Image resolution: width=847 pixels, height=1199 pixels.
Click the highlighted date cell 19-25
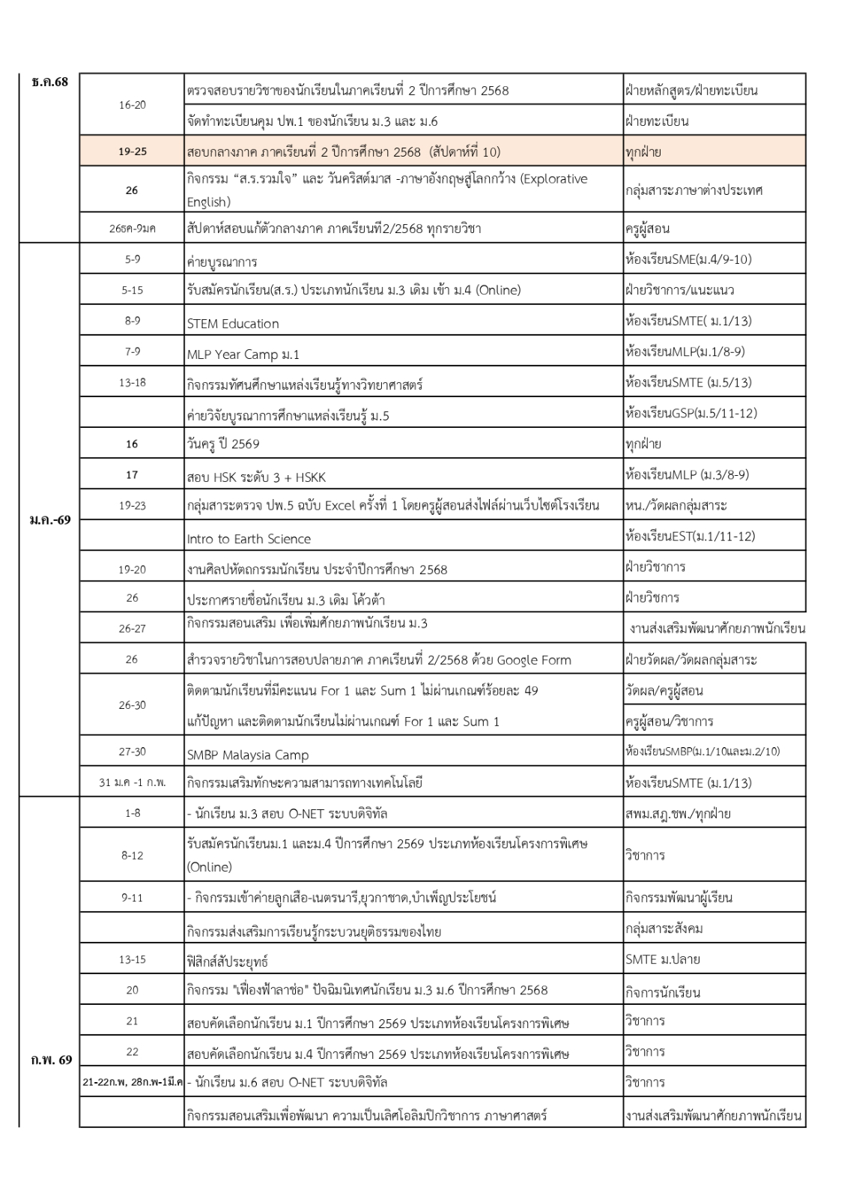[133, 151]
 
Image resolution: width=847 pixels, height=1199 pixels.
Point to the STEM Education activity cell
[233, 324]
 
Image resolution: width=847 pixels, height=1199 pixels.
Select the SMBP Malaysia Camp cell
[248, 755]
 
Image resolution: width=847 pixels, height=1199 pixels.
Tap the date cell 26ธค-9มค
[133, 228]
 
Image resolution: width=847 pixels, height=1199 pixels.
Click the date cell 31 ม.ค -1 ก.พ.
[133, 782]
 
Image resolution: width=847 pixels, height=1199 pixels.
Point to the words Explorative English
[386, 190]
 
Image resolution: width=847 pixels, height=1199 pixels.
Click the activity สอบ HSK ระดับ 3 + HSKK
[256, 477]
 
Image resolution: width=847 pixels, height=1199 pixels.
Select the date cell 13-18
[133, 382]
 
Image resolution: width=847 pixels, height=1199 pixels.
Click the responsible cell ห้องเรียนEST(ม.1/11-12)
[690, 536]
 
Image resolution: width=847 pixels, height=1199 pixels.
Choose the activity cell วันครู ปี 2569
[223, 444]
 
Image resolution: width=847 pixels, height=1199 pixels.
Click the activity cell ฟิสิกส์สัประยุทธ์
[228, 961]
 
